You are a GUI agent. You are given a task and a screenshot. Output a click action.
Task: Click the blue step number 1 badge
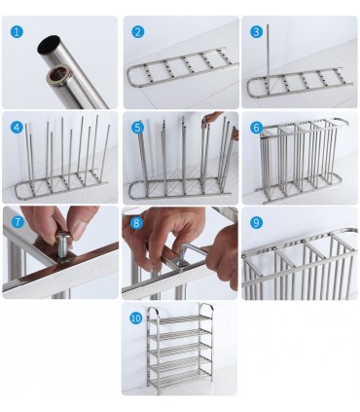coord(17,32)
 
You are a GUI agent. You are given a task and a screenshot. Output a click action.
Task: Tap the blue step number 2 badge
coord(138,32)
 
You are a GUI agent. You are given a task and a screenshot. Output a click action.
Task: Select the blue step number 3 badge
coord(257,32)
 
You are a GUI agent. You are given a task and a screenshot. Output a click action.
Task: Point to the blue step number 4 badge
coord(17,127)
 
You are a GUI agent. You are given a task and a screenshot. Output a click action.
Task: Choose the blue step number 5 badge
coord(138,127)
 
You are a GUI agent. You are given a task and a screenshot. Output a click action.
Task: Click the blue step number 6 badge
coord(257,127)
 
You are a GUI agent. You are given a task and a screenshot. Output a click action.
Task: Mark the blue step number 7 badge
coord(17,222)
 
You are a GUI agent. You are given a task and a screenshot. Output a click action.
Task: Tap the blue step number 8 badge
coord(138,222)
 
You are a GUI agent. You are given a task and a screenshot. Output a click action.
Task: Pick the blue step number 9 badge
coord(257,222)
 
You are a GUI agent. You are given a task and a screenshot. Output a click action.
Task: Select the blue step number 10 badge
coord(135,318)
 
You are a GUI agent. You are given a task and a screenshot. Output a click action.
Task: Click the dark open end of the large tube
coord(49,45)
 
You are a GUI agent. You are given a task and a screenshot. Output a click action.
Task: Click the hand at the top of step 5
coord(211,118)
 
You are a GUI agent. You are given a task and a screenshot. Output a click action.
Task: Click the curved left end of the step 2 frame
coord(132,77)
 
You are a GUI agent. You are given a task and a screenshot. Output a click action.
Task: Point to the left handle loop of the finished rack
coord(153,315)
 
